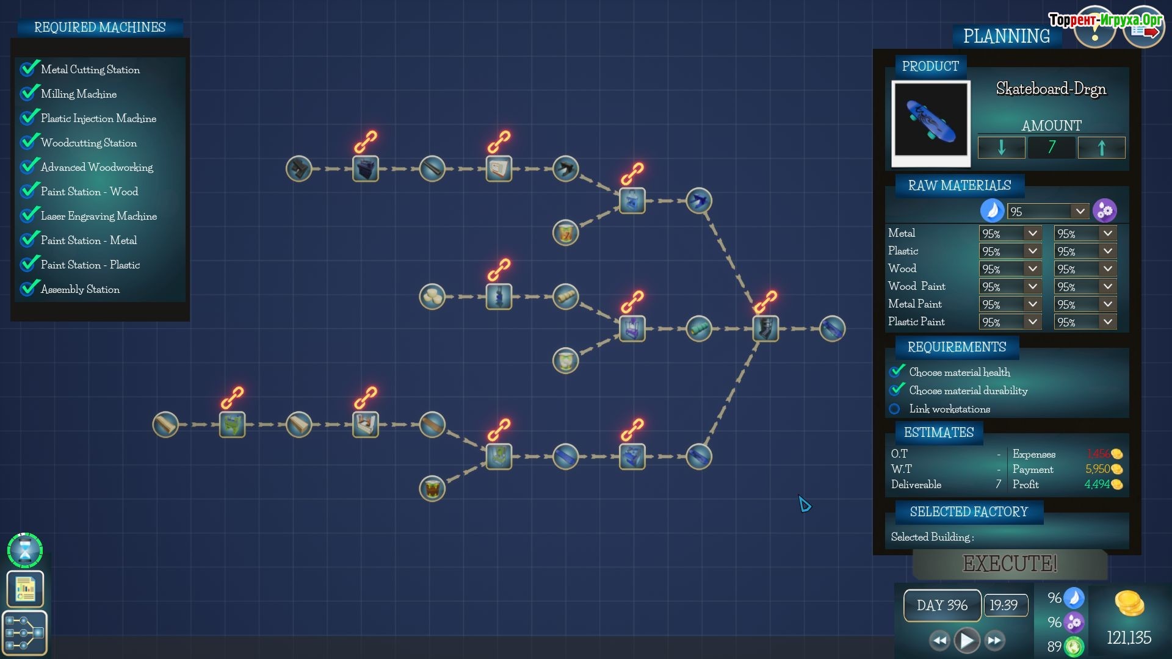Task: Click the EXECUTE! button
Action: tap(1010, 563)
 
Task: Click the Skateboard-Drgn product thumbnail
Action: tap(930, 122)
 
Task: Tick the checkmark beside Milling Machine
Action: tap(29, 93)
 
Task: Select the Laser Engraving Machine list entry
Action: tap(98, 216)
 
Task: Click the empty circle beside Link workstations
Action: tap(895, 409)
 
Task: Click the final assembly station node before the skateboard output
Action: tap(765, 329)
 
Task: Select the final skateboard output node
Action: tap(832, 329)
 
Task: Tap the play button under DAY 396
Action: tap(967, 640)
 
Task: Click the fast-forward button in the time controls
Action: tap(995, 640)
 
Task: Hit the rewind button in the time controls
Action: tap(939, 640)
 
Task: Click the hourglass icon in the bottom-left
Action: tap(25, 550)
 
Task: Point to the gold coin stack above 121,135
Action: tap(1129, 604)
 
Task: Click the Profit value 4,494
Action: tap(1097, 484)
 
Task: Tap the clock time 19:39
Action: tap(1004, 605)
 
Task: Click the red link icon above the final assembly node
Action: tap(765, 301)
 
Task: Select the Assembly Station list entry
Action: tap(80, 289)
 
